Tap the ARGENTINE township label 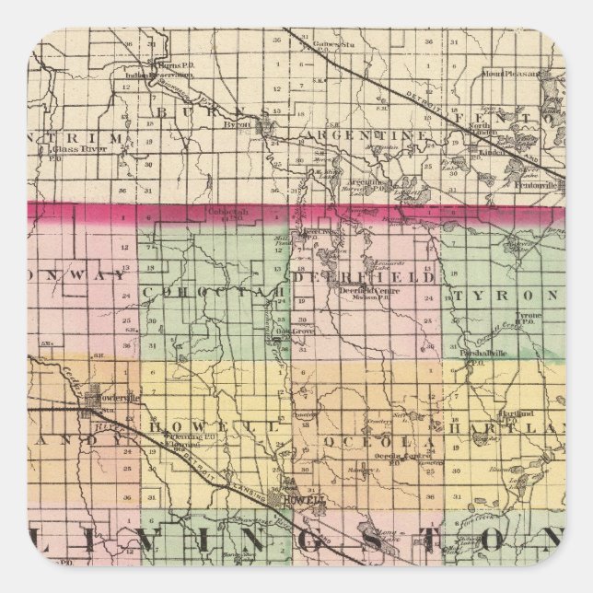[363, 134]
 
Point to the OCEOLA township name [368, 442]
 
